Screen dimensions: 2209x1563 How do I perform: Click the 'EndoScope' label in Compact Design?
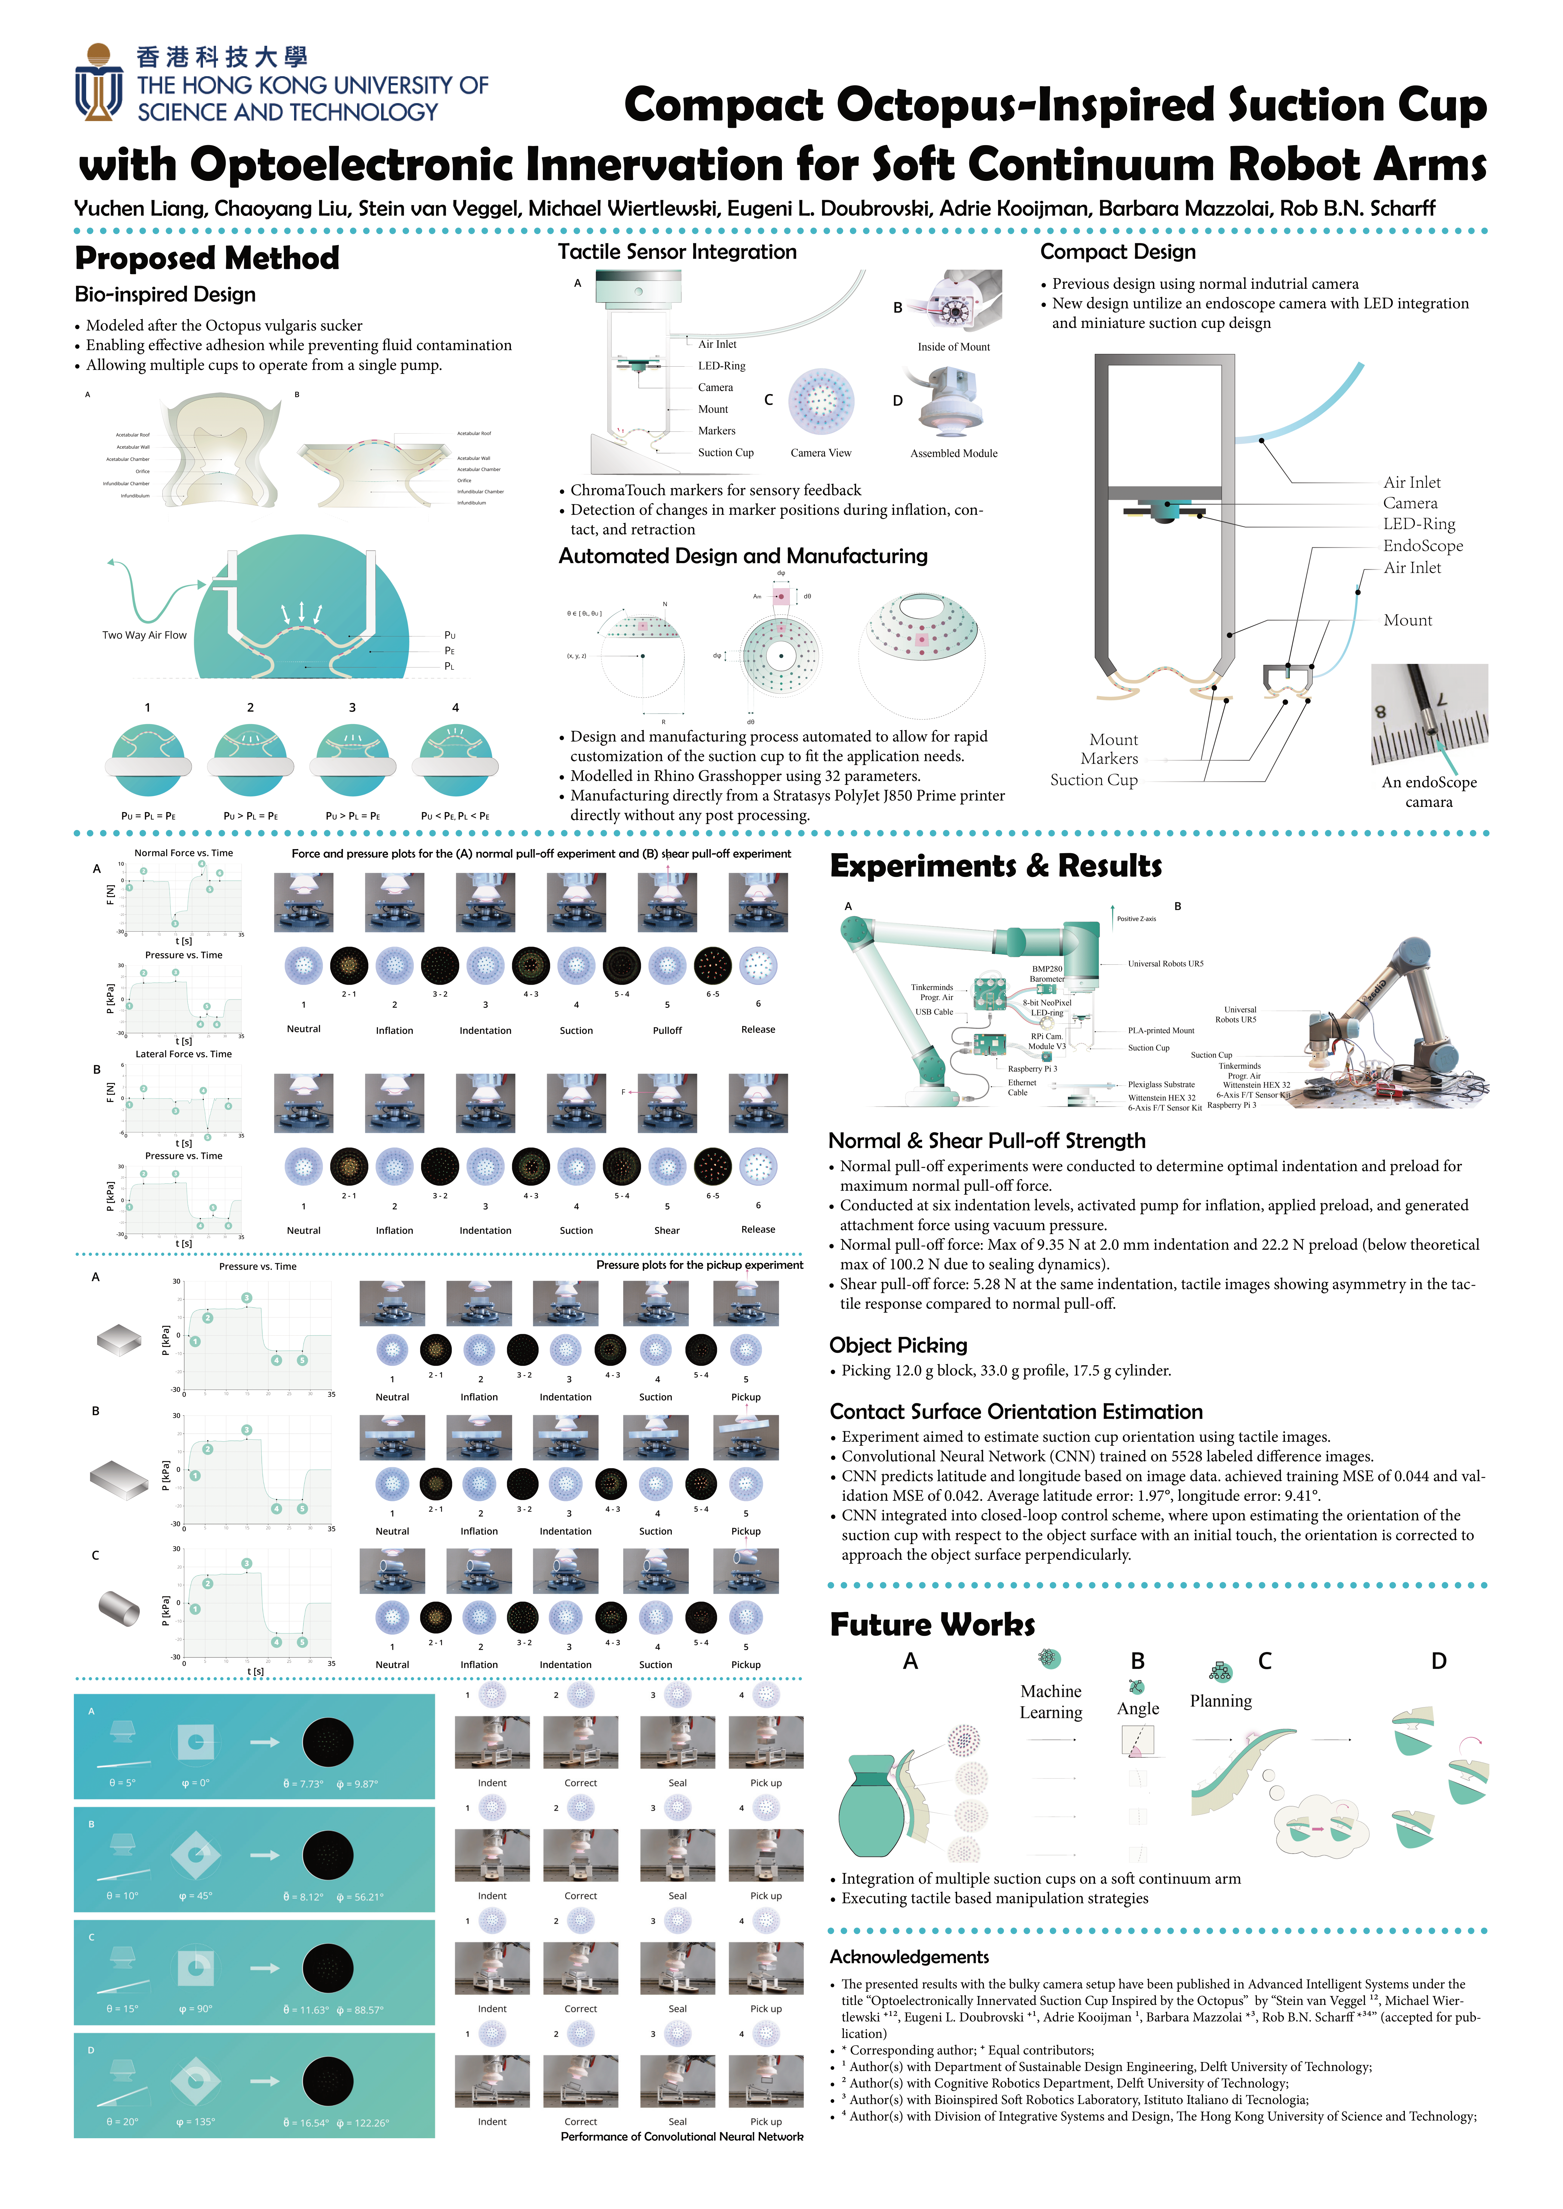[x=1423, y=545]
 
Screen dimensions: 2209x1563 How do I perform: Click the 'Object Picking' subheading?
[x=898, y=1345]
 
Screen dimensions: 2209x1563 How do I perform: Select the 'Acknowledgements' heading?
[x=909, y=1957]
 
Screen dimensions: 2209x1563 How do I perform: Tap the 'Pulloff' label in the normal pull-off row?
[x=667, y=1030]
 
